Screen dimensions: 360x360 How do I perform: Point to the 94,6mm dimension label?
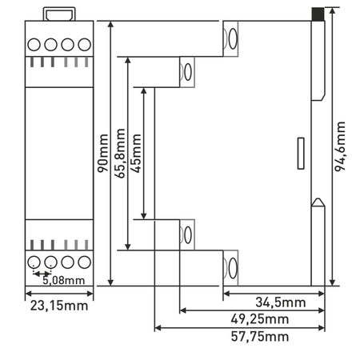342,149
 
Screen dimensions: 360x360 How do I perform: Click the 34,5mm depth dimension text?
281,302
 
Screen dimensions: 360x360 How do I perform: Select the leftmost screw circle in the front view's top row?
35,45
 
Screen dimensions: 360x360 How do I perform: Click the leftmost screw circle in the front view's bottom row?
35,262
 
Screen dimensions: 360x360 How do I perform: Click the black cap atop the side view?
318,14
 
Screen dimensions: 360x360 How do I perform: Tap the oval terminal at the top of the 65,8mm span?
187,70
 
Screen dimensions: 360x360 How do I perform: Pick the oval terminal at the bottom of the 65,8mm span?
187,234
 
